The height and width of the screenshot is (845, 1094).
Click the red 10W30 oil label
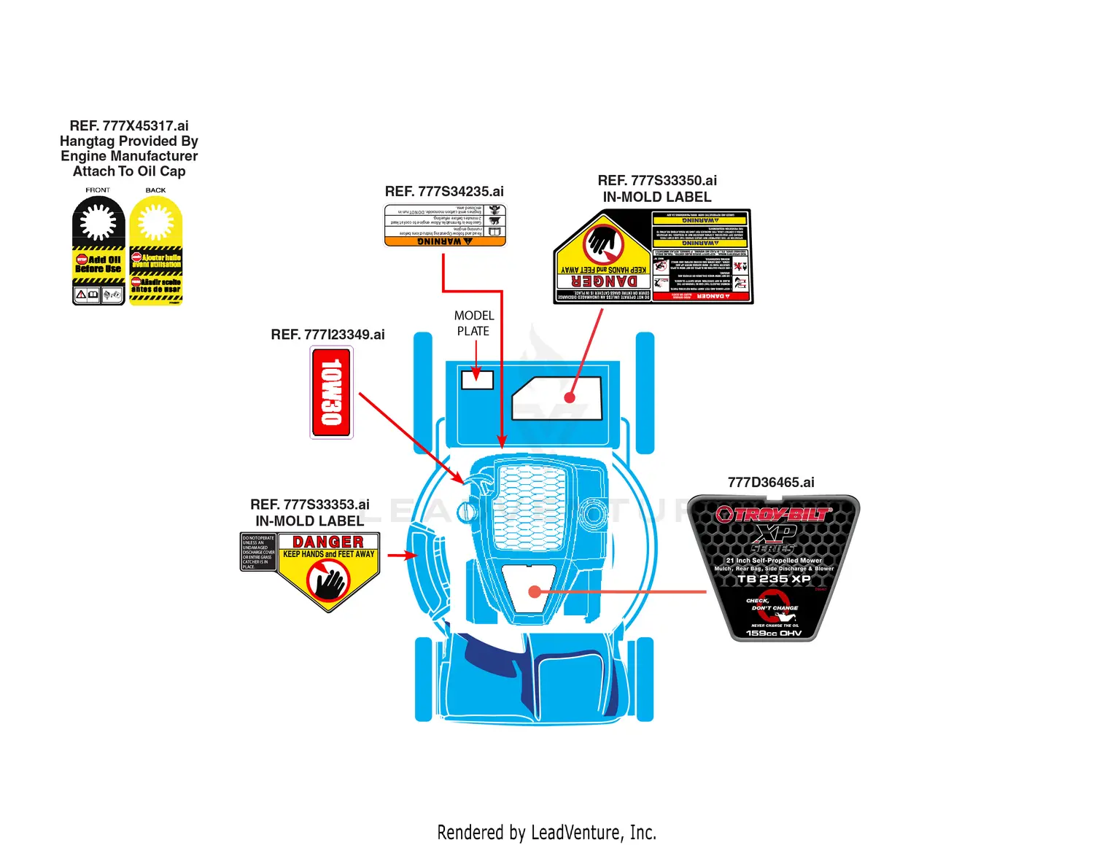click(x=332, y=392)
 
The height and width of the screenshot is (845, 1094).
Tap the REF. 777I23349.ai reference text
click(x=327, y=335)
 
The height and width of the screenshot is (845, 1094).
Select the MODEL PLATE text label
click(x=474, y=323)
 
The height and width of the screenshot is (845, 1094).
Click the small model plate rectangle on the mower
click(x=477, y=379)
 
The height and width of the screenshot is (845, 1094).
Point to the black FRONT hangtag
click(x=98, y=250)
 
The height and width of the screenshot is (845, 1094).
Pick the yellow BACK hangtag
click(x=156, y=250)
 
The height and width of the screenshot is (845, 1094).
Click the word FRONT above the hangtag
click(x=98, y=190)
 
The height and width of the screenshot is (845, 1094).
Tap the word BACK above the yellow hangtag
click(x=155, y=190)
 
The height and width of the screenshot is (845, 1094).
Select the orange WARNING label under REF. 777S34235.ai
click(x=445, y=225)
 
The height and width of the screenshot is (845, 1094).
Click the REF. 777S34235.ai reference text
click(x=444, y=192)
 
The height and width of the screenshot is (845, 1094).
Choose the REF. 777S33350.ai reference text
click(x=657, y=181)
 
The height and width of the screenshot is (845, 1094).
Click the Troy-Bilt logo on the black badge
click(x=773, y=514)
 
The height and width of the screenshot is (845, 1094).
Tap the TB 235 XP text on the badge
click(x=774, y=579)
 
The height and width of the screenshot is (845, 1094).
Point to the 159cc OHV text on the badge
click(x=774, y=633)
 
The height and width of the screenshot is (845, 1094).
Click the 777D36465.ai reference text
click(x=771, y=483)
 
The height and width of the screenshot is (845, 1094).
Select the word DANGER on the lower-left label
click(x=328, y=542)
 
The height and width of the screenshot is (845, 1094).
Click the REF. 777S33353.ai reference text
click(x=310, y=505)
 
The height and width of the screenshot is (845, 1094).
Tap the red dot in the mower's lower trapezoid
click(x=535, y=591)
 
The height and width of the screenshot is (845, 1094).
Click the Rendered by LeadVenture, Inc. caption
click(x=547, y=832)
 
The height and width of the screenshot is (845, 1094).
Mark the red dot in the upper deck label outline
click(x=570, y=397)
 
